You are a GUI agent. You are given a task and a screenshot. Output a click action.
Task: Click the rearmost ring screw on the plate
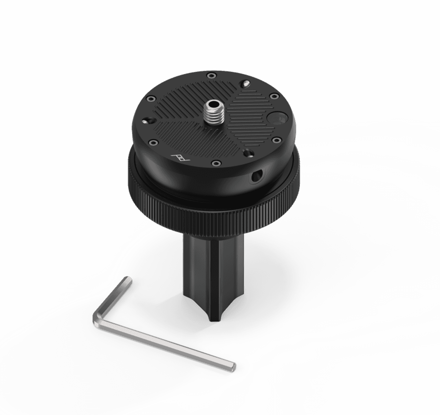tap(211, 76)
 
